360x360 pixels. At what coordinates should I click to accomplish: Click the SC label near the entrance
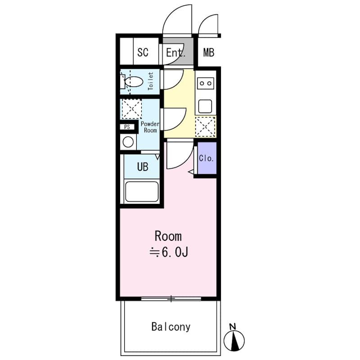click(x=143, y=52)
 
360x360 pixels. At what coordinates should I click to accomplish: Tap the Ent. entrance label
click(x=175, y=52)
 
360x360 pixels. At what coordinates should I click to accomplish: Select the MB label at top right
click(x=208, y=52)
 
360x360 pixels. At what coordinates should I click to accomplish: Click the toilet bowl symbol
click(x=133, y=82)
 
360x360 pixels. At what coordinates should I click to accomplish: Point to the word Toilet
click(x=151, y=81)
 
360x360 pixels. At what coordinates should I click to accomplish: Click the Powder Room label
click(x=150, y=127)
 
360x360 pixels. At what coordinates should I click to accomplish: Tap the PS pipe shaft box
click(x=127, y=127)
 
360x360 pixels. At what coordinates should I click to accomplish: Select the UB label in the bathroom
click(x=143, y=167)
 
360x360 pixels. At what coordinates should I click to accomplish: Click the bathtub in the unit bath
click(x=142, y=191)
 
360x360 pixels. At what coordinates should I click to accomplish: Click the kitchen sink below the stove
click(x=206, y=106)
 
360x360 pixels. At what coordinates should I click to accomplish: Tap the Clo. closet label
click(x=207, y=158)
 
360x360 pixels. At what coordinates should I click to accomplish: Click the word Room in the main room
click(x=168, y=236)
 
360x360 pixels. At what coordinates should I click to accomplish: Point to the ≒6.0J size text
click(x=168, y=252)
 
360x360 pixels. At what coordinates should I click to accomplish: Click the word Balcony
click(x=171, y=327)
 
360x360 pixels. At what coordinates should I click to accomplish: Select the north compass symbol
click(x=233, y=340)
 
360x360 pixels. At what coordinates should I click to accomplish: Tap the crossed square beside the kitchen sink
click(x=206, y=126)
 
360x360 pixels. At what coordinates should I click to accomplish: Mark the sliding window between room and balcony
click(x=171, y=298)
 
